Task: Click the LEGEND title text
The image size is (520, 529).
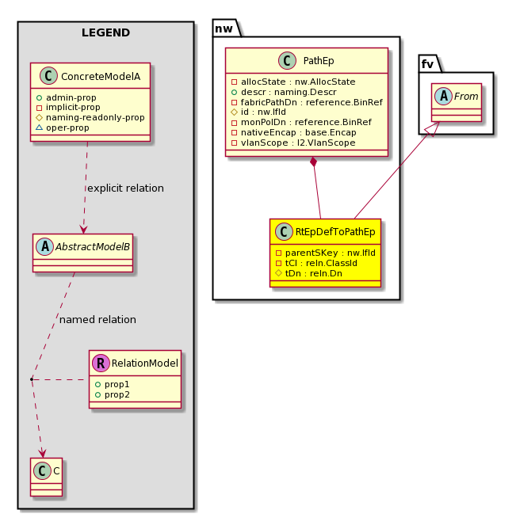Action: click(x=105, y=32)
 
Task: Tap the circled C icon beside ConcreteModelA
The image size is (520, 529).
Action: click(x=48, y=76)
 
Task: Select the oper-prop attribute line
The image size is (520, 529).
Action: click(x=63, y=127)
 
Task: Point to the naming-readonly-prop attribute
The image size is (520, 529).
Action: click(x=90, y=117)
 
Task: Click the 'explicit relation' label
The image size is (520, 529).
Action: click(x=125, y=188)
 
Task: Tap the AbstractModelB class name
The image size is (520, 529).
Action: click(x=93, y=247)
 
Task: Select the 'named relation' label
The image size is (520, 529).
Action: click(x=97, y=319)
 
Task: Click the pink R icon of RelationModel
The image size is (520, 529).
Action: click(x=101, y=363)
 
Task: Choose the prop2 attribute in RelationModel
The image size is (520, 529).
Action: click(x=113, y=394)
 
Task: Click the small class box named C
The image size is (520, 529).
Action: click(x=46, y=477)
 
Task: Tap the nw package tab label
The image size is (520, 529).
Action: click(x=224, y=29)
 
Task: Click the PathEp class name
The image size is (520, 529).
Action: click(x=319, y=61)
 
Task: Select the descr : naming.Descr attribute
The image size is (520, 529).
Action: click(x=284, y=92)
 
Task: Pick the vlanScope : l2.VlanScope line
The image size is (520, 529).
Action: click(x=293, y=143)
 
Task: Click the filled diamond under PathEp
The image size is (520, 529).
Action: click(x=314, y=162)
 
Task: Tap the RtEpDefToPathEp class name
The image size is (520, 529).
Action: click(x=335, y=232)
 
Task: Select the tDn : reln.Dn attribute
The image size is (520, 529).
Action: click(x=308, y=273)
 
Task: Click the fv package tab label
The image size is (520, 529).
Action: click(x=427, y=64)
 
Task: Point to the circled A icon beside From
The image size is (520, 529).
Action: click(x=444, y=96)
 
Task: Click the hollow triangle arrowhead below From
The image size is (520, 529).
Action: click(x=434, y=129)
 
